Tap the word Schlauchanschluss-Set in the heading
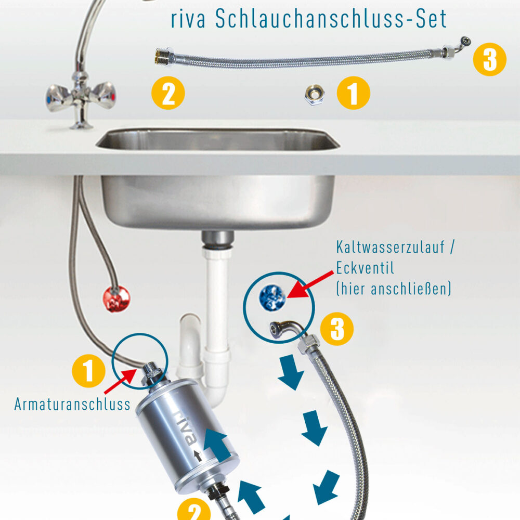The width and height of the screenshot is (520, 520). (x=331, y=19)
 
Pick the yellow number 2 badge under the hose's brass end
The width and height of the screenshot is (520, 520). (x=168, y=94)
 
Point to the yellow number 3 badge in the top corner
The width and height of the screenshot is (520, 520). (x=489, y=60)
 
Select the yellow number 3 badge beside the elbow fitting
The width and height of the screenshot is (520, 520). (x=337, y=329)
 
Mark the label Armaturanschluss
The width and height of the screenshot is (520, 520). (x=72, y=405)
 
